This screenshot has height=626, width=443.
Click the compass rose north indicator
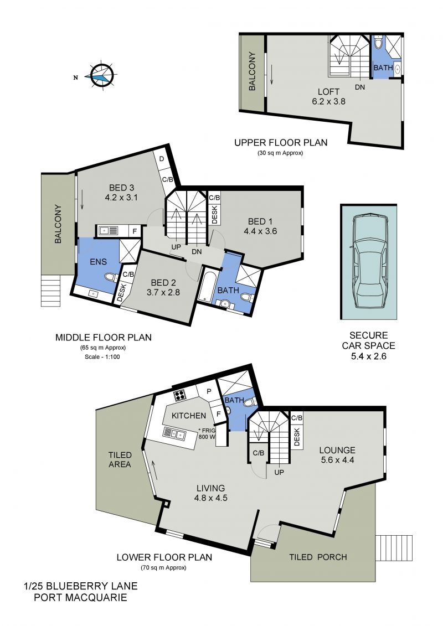(75, 78)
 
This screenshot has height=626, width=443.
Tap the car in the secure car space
(369, 261)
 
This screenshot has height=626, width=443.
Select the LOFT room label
(328, 92)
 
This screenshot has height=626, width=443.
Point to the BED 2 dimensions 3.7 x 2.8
(163, 292)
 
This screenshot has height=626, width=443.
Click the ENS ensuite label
(98, 261)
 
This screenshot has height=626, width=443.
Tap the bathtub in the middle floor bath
(205, 286)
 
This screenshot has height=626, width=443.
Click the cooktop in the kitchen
(180, 395)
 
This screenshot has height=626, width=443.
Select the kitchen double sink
(174, 433)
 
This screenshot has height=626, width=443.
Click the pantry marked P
(209, 392)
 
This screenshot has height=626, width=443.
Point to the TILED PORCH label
(318, 557)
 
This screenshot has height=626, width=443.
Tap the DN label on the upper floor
(360, 87)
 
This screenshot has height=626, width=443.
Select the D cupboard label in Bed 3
(162, 159)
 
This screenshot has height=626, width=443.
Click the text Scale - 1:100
(102, 356)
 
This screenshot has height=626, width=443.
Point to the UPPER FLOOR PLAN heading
(281, 143)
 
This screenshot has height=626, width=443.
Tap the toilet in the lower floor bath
(250, 402)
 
